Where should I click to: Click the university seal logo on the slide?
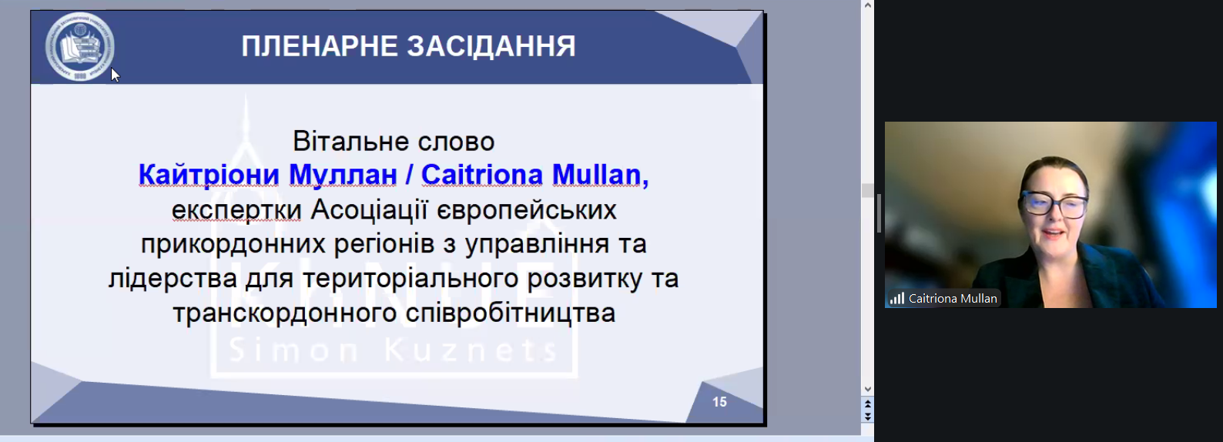click(x=80, y=46)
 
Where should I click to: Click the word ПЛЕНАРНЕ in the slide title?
click(x=320, y=46)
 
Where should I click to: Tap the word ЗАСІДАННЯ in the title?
click(x=491, y=46)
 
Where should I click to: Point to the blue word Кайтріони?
click(x=209, y=175)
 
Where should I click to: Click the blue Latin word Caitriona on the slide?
click(x=482, y=175)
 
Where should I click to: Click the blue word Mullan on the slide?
click(x=600, y=175)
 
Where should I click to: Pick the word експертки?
click(x=236, y=210)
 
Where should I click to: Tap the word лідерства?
click(x=173, y=278)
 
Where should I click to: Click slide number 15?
click(x=719, y=402)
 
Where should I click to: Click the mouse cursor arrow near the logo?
click(x=115, y=75)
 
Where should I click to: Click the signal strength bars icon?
click(x=897, y=299)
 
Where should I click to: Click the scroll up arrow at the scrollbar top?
click(x=867, y=5)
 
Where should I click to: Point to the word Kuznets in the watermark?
click(x=471, y=350)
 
